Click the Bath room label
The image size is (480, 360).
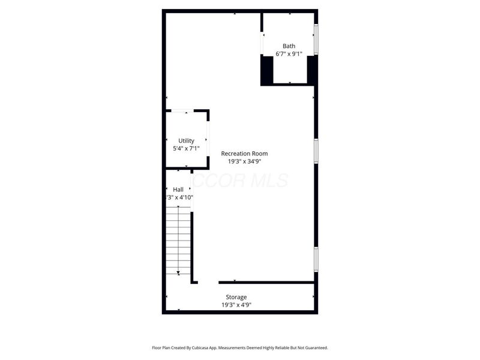click(x=289, y=46)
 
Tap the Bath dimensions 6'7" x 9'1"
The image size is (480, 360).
click(x=289, y=55)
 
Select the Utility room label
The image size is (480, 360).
click(x=186, y=141)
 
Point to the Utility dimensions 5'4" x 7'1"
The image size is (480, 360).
click(x=186, y=149)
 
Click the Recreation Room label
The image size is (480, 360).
click(x=244, y=154)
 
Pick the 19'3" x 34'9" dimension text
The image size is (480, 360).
click(x=244, y=161)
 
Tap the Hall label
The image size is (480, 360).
click(x=178, y=190)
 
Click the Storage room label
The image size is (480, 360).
click(x=236, y=298)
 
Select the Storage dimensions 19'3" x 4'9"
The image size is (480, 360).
click(x=236, y=305)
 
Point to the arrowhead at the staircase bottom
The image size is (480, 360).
click(x=178, y=273)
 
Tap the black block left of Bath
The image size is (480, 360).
click(x=267, y=70)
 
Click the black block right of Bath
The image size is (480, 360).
click(x=312, y=70)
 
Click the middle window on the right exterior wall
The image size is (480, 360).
click(x=316, y=151)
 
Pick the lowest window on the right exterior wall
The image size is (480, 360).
click(x=316, y=259)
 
